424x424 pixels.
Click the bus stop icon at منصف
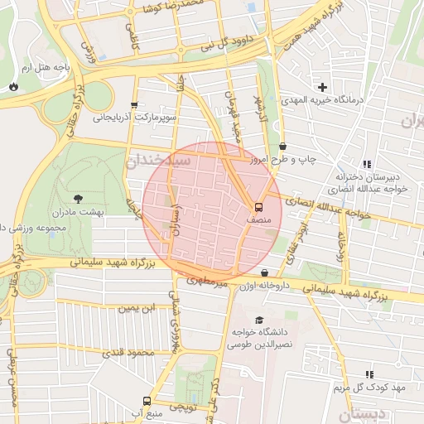(x=258, y=207)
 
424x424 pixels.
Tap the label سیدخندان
(x=157, y=161)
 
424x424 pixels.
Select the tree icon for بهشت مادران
(x=79, y=198)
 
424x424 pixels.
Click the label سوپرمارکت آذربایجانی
(x=135, y=118)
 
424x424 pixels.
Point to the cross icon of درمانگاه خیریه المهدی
(x=322, y=87)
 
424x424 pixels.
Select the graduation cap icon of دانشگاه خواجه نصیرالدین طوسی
(x=259, y=320)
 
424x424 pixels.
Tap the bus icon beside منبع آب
(x=147, y=402)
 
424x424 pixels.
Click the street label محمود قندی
(x=128, y=354)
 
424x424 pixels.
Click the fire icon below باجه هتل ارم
(x=13, y=86)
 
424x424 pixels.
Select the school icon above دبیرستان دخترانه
(x=367, y=164)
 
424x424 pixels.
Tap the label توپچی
(x=182, y=407)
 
